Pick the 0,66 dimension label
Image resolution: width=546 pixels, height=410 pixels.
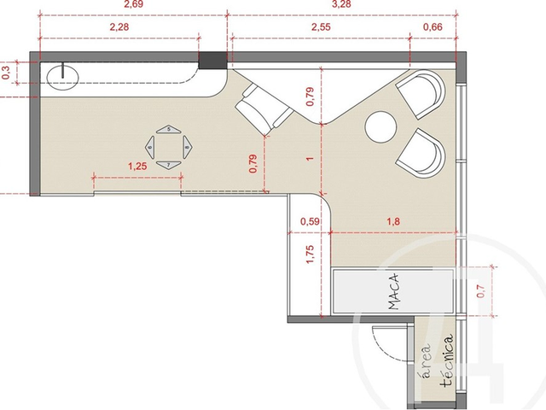tap(433, 27)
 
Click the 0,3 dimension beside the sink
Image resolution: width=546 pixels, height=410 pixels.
tap(7, 73)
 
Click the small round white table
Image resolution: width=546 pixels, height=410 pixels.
tap(380, 128)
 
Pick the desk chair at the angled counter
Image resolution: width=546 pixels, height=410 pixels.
tap(262, 109)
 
